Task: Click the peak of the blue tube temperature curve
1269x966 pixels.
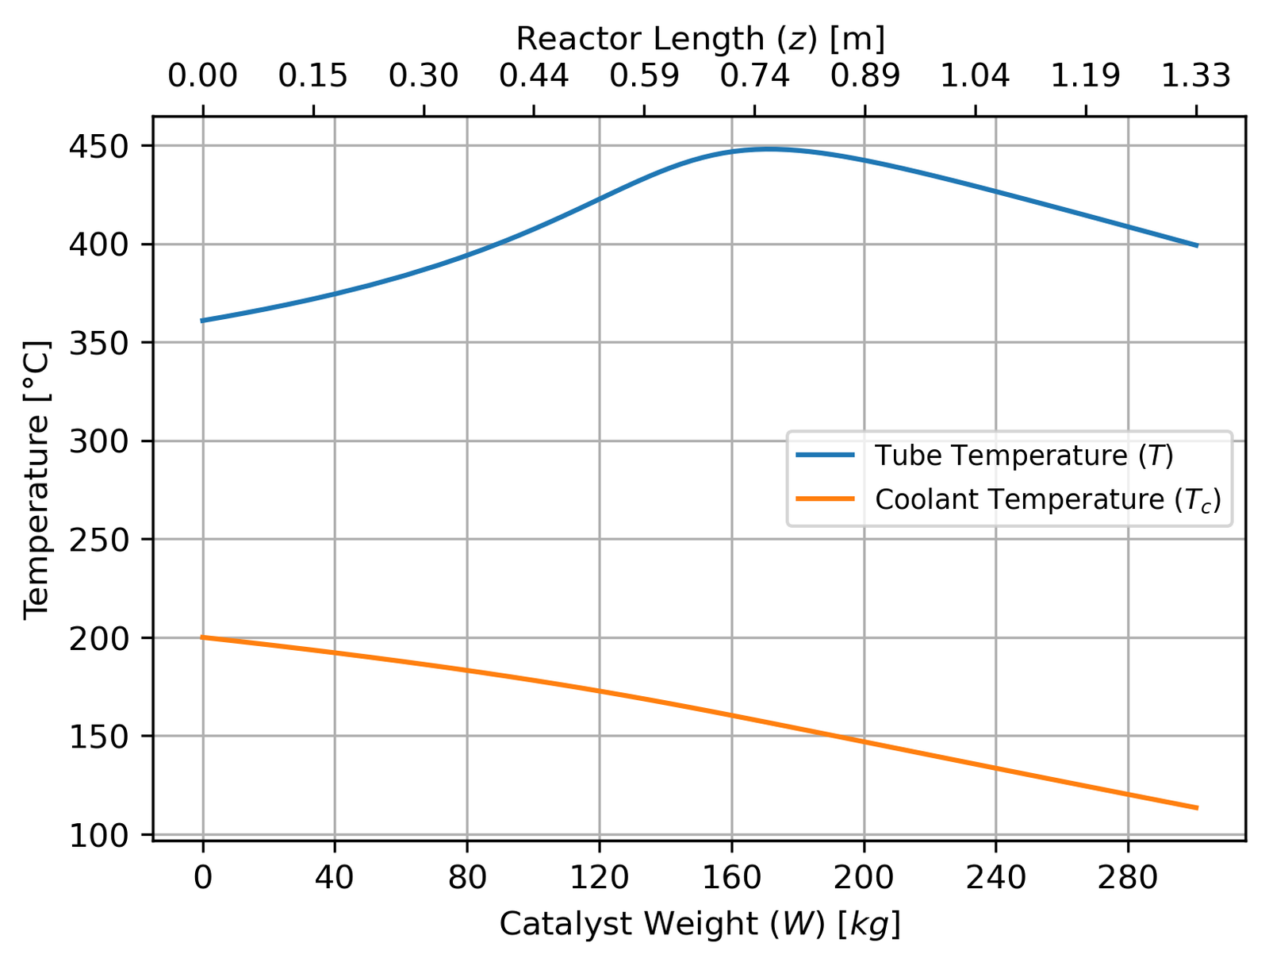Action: [768, 148]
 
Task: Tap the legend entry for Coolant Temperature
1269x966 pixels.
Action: [1047, 500]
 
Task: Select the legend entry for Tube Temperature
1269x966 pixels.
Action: [1023, 456]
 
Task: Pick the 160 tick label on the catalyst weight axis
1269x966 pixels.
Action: [731, 877]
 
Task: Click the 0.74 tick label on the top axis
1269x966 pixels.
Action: [754, 77]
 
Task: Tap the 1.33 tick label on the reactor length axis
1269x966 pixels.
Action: [1196, 77]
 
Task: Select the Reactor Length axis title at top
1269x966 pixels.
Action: [700, 37]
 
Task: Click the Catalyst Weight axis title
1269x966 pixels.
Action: [700, 924]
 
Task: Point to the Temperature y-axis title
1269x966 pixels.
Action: [36, 479]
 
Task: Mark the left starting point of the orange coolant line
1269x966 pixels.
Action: [203, 637]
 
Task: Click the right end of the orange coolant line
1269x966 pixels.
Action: [1197, 808]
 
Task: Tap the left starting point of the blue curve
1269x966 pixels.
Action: [203, 321]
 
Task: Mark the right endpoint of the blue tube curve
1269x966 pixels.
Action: [1197, 246]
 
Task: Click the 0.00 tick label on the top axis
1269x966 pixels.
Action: [203, 77]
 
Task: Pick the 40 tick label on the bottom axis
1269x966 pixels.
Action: [335, 877]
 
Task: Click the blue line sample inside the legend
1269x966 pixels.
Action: [825, 456]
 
